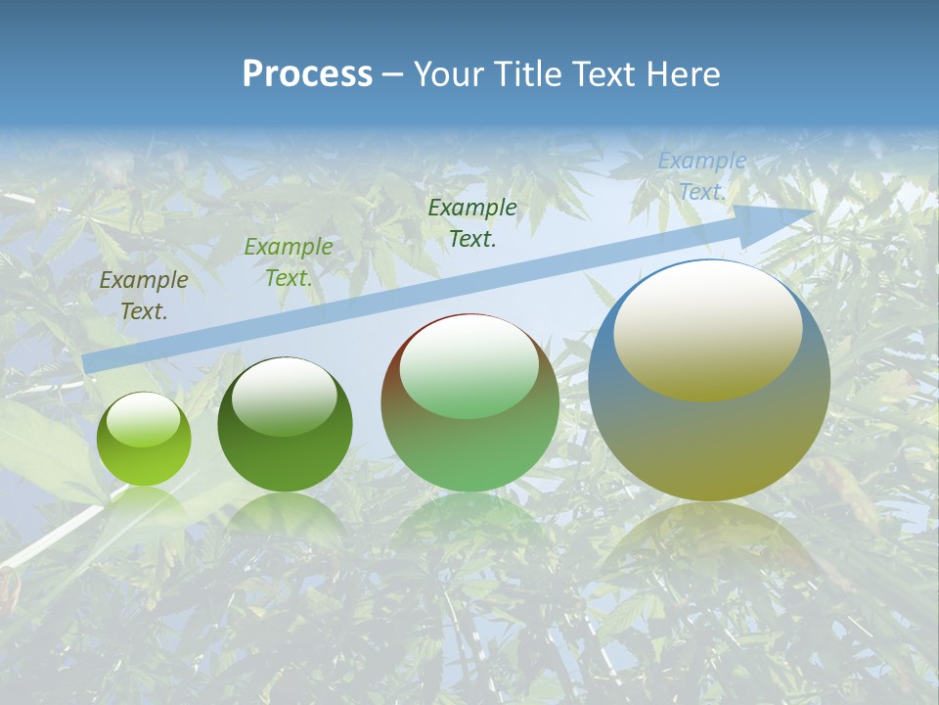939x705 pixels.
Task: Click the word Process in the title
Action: [307, 74]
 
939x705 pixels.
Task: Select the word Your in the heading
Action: [447, 74]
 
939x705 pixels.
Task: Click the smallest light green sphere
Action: [144, 439]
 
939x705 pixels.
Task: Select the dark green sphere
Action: [285, 425]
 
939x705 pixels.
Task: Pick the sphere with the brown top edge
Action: [469, 402]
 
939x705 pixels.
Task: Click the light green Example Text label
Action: [289, 262]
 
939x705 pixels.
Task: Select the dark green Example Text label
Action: [472, 223]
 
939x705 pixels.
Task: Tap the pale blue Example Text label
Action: [701, 176]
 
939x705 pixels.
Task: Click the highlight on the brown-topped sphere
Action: [469, 367]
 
